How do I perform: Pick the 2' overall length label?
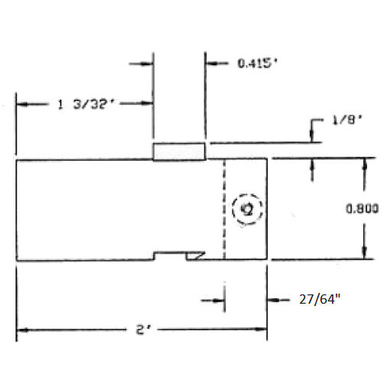142,330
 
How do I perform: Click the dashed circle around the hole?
247,209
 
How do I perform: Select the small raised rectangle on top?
179,152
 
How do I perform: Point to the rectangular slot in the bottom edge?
170,256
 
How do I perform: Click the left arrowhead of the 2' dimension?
21,330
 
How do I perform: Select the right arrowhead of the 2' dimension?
263,330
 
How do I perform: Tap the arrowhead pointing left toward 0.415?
210,63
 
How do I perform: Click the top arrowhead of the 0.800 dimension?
365,163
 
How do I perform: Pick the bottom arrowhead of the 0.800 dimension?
365,255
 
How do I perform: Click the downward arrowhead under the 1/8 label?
311,137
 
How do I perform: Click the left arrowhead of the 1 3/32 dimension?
21,104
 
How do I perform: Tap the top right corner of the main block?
267,159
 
